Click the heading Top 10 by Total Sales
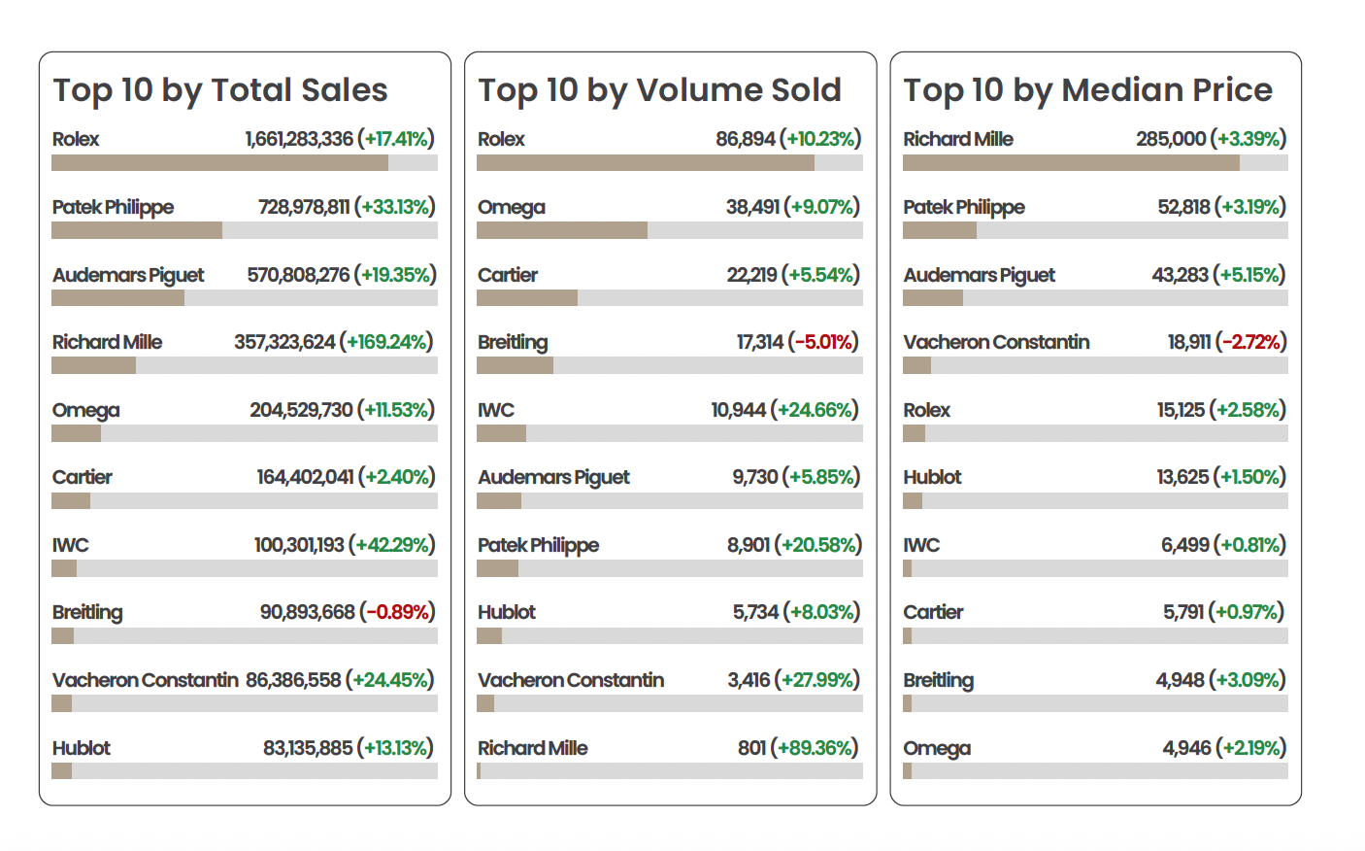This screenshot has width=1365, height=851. click(220, 90)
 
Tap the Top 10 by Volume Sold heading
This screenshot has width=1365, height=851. click(659, 90)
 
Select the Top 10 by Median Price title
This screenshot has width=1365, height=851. click(1087, 90)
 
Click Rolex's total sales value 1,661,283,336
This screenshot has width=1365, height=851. click(299, 139)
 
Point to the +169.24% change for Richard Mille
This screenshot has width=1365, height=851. click(386, 342)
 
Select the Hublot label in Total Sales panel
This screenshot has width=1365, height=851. click(82, 748)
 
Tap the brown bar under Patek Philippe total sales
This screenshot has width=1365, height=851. click(137, 230)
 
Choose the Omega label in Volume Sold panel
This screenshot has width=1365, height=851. click(512, 207)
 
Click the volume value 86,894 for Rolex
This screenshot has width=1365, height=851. click(746, 139)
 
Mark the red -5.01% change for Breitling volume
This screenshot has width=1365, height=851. click(824, 342)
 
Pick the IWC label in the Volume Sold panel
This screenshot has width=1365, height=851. click(496, 410)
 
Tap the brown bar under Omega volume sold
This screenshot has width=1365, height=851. click(562, 230)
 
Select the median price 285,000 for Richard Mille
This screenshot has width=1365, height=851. click(1171, 139)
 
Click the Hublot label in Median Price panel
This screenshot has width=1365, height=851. click(932, 477)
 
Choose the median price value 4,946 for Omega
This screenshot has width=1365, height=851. click(1186, 748)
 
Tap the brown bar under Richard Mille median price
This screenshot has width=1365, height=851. click(1071, 163)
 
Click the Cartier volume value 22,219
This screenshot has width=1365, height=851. click(751, 275)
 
